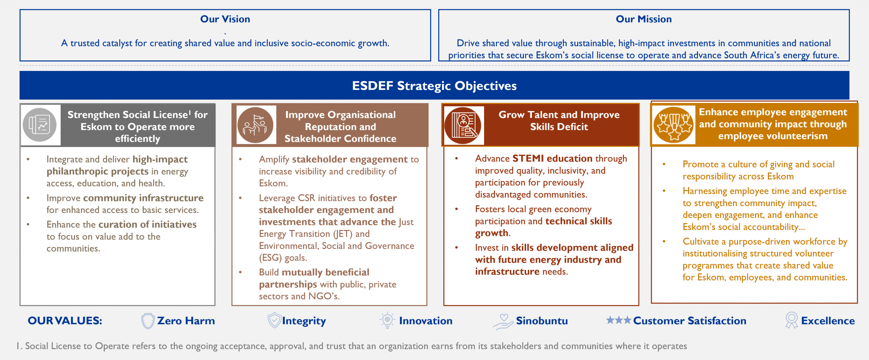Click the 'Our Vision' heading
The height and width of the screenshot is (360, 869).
click(225, 19)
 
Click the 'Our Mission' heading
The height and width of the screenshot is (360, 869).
click(644, 19)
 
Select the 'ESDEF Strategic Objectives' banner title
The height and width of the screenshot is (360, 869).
click(434, 86)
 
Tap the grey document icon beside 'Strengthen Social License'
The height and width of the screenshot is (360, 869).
click(40, 125)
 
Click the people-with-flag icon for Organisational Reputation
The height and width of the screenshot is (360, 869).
click(255, 125)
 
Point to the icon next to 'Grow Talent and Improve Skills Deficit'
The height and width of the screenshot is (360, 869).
click(463, 125)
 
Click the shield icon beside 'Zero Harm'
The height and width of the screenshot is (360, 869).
click(148, 321)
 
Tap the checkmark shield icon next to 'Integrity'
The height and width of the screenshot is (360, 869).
click(274, 320)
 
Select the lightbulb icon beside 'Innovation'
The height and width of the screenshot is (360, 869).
click(387, 320)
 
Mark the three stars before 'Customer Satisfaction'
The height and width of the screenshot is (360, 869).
click(618, 320)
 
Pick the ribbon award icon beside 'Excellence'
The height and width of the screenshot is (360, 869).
click(792, 320)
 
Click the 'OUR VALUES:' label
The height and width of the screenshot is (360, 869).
click(65, 321)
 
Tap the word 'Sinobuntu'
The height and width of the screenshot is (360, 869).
click(542, 321)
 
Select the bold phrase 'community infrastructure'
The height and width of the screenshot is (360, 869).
click(144, 198)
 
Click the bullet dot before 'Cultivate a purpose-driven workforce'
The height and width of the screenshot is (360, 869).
click(664, 241)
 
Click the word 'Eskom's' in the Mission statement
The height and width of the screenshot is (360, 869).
click(552, 55)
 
